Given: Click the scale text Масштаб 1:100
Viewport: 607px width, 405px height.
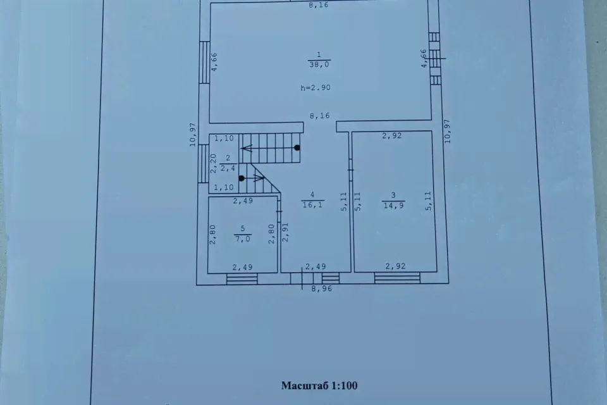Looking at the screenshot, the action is pyautogui.click(x=319, y=385).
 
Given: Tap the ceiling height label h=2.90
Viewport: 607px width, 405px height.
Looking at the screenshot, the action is pyautogui.click(x=316, y=87).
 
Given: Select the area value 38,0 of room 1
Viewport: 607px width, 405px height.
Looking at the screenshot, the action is pyautogui.click(x=319, y=65).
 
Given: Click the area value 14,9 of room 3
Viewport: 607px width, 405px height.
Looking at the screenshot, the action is pyautogui.click(x=394, y=206).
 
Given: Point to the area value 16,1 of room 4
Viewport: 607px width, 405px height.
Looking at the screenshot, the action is pyautogui.click(x=313, y=204).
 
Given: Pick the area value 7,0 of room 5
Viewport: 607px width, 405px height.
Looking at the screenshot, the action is pyautogui.click(x=243, y=239).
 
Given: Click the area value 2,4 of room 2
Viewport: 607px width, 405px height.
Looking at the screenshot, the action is pyautogui.click(x=228, y=168).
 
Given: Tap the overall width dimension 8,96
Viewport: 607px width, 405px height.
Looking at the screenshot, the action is pyautogui.click(x=322, y=289).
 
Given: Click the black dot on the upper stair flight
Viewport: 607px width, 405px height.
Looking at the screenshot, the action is pyautogui.click(x=297, y=147).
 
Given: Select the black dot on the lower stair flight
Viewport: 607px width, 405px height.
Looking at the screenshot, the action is pyautogui.click(x=242, y=178).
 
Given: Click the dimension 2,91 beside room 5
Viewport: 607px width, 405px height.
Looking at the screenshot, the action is pyautogui.click(x=285, y=232).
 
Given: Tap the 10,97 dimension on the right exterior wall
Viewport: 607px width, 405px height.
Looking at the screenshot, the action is pyautogui.click(x=448, y=131).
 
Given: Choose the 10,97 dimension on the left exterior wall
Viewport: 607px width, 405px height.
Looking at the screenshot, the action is pyautogui.click(x=193, y=135).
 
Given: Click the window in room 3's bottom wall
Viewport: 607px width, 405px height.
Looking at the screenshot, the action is pyautogui.click(x=397, y=278).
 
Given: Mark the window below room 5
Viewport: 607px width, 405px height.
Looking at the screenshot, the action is pyautogui.click(x=242, y=278).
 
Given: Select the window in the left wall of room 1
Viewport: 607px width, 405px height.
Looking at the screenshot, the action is pyautogui.click(x=204, y=62).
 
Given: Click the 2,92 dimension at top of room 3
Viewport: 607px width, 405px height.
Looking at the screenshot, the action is pyautogui.click(x=392, y=135).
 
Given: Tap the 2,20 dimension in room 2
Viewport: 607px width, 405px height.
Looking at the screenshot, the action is pyautogui.click(x=213, y=163).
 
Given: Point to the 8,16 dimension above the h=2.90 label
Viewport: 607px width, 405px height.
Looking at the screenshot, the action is pyautogui.click(x=319, y=116).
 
